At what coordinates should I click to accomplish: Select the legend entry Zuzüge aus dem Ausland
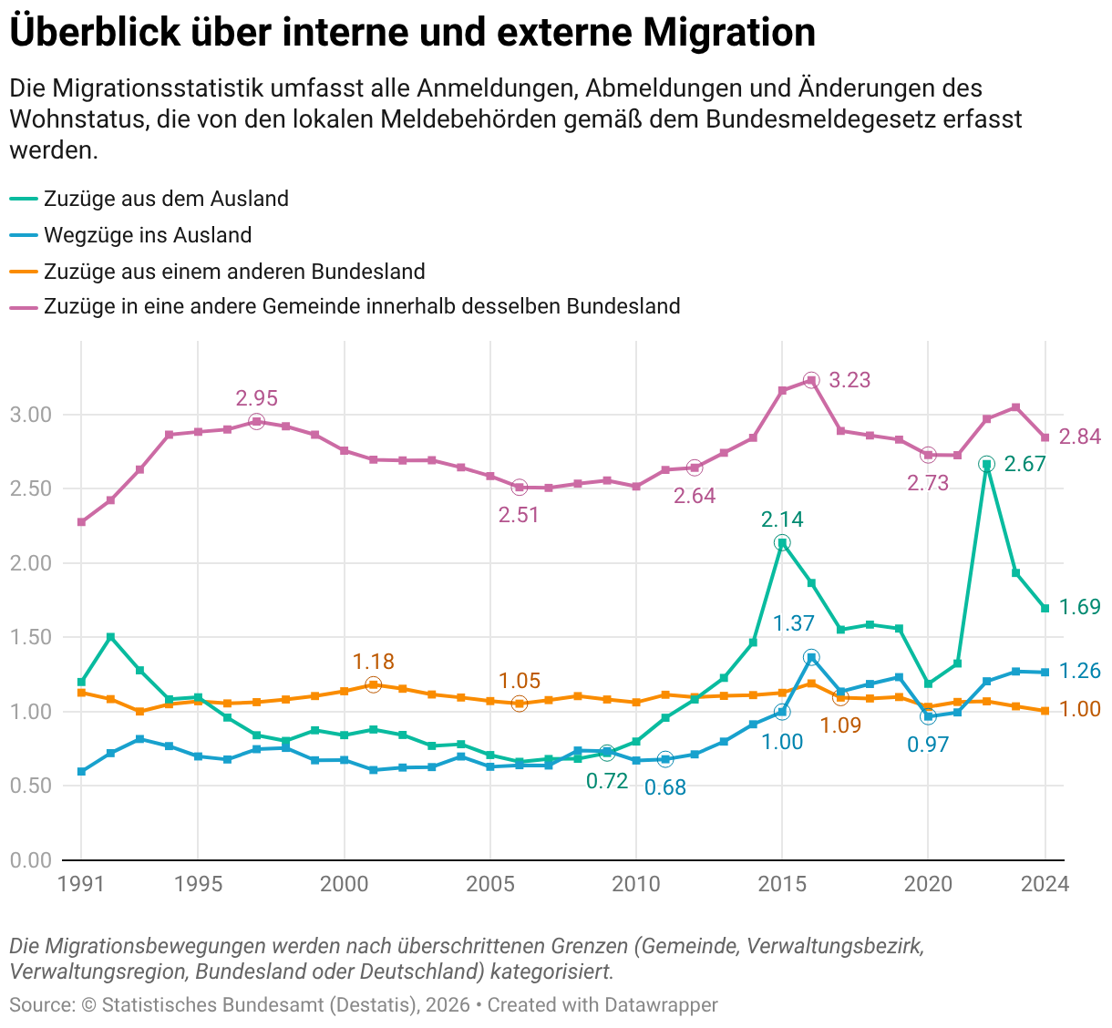[166, 199]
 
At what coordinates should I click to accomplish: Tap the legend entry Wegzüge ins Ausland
[148, 235]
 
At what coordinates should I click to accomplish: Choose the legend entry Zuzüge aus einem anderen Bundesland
[234, 272]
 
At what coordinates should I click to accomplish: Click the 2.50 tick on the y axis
[30, 488]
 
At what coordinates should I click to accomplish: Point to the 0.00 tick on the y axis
[30, 859]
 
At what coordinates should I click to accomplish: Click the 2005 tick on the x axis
[490, 883]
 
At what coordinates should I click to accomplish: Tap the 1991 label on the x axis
[81, 883]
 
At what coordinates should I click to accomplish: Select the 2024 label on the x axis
[1045, 883]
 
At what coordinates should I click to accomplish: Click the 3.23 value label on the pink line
[849, 380]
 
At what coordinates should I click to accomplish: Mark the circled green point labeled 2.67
[986, 464]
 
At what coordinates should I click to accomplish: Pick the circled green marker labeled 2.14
[782, 543]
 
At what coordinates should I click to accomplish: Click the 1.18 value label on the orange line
[374, 662]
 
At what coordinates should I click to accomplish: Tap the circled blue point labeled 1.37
[811, 657]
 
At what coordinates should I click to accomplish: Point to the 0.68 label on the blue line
[665, 787]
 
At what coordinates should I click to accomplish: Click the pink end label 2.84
[1080, 437]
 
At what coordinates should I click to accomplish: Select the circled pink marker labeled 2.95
[256, 421]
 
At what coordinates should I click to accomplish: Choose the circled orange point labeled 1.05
[520, 704]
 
